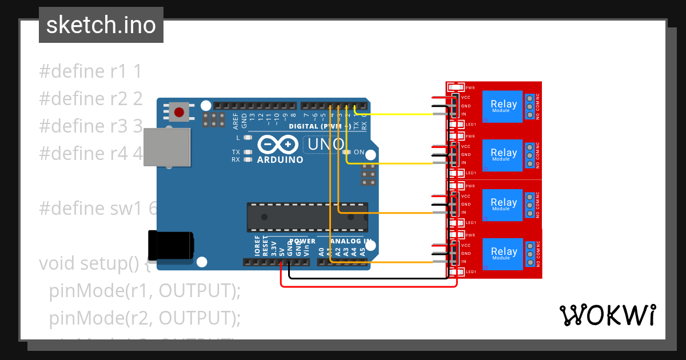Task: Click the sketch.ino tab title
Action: pyautogui.click(x=101, y=25)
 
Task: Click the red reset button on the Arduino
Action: pyautogui.click(x=180, y=111)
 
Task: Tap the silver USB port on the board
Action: pyautogui.click(x=167, y=147)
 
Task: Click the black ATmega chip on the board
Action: pyautogui.click(x=307, y=217)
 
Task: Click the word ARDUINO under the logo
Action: pyautogui.click(x=280, y=160)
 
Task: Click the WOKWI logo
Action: pyautogui.click(x=607, y=315)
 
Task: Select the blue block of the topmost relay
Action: pyautogui.click(x=503, y=106)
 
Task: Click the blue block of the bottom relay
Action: pyautogui.click(x=503, y=254)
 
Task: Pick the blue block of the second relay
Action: pyautogui.click(x=503, y=155)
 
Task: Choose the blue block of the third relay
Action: pyautogui.click(x=503, y=205)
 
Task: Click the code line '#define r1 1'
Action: pyautogui.click(x=90, y=71)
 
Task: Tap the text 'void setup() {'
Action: pyautogui.click(x=95, y=263)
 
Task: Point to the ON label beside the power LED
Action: pyautogui.click(x=359, y=152)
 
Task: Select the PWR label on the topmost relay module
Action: pyautogui.click(x=470, y=88)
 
